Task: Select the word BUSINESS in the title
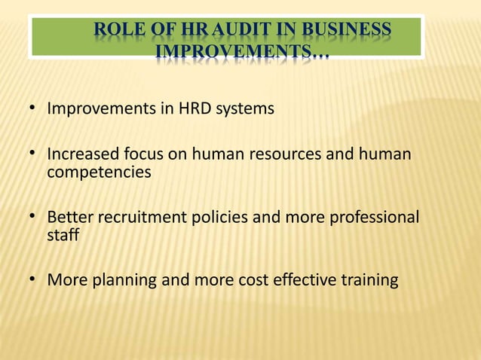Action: click(347, 31)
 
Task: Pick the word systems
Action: click(247, 110)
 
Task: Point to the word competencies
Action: click(99, 172)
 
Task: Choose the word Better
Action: click(70, 218)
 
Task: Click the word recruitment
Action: click(138, 218)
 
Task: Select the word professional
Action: click(375, 218)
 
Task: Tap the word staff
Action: click(63, 236)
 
